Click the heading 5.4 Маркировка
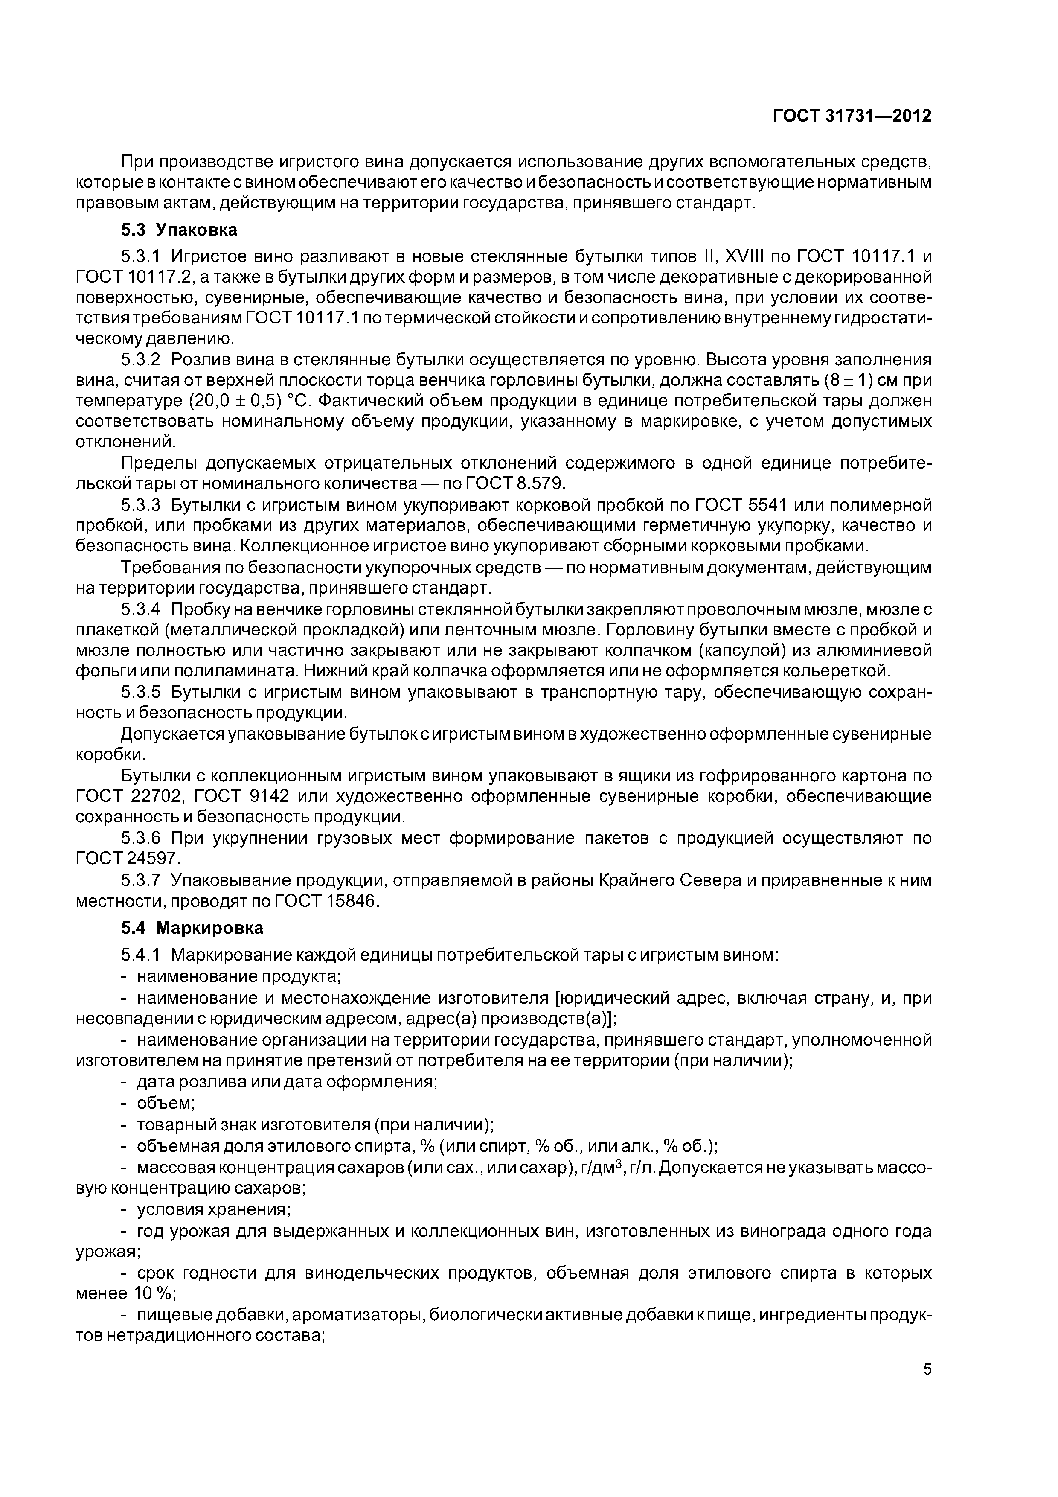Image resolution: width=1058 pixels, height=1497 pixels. tap(192, 928)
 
